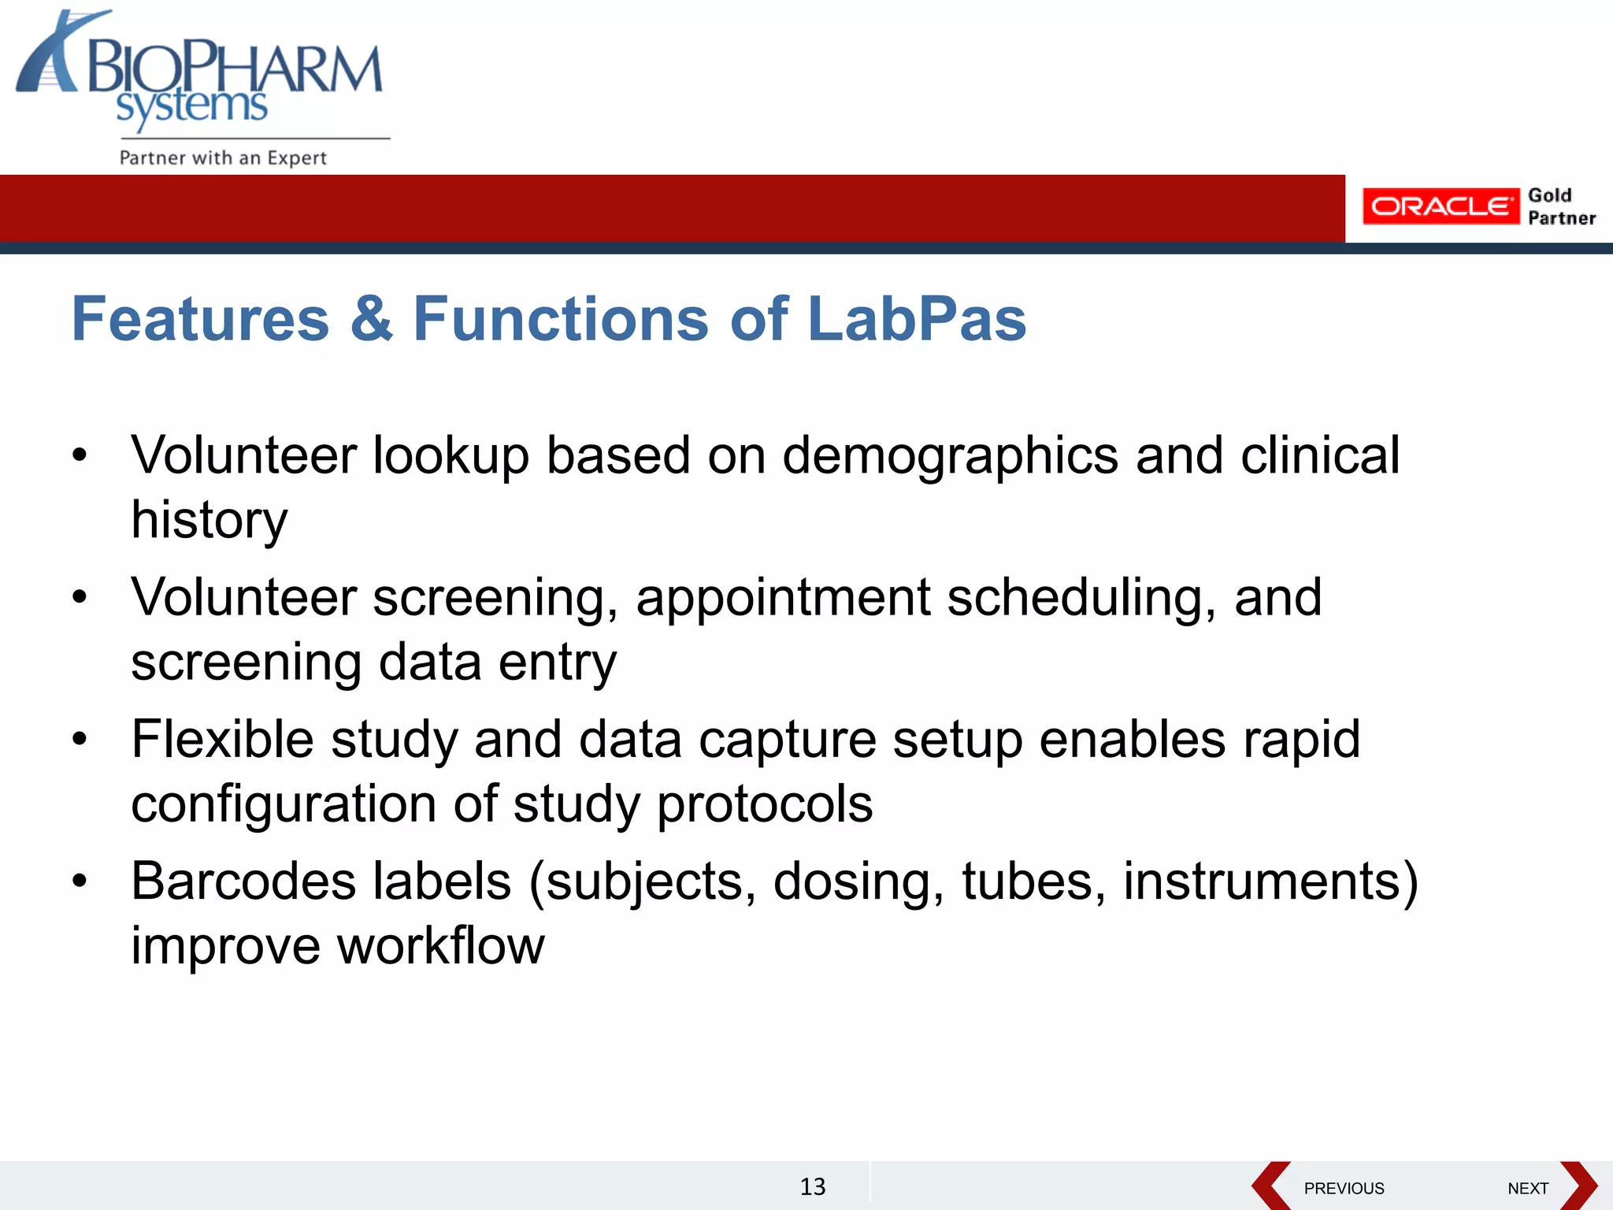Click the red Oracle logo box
(x=1440, y=206)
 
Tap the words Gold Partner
(x=1560, y=206)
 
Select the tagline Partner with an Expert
(x=223, y=158)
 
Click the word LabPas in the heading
(x=917, y=319)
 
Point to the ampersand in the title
(x=371, y=319)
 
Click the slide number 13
(x=812, y=1186)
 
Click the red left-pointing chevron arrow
(x=1270, y=1186)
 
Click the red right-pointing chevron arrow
(x=1578, y=1186)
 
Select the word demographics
(x=950, y=457)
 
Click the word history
(x=210, y=521)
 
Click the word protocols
(x=764, y=804)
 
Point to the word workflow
(x=441, y=945)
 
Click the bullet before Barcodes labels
(x=80, y=881)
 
